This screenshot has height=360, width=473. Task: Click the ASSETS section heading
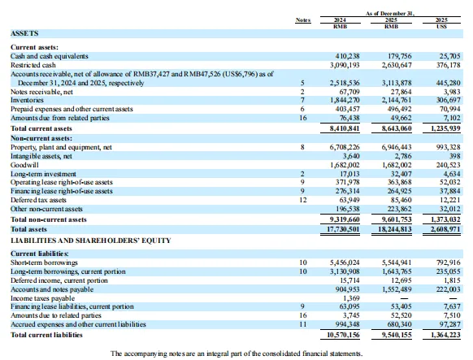[x=24, y=33]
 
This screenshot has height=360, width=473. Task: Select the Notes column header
[x=303, y=20]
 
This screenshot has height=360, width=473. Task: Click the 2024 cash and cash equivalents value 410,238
[x=348, y=56]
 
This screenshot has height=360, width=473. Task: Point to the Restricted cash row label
[x=33, y=65]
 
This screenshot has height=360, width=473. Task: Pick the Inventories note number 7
[x=302, y=100]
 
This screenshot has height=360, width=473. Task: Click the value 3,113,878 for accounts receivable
[x=397, y=83]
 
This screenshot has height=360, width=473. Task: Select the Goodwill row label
[x=24, y=165]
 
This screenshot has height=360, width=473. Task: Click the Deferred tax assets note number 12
[x=303, y=200]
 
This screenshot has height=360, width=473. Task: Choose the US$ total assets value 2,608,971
[x=445, y=229]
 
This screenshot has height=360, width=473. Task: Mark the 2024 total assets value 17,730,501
[x=343, y=229]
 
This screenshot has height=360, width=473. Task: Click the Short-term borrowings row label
[x=44, y=262]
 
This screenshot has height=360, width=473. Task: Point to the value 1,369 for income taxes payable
[x=351, y=298]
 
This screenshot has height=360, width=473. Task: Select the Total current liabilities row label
[x=46, y=335]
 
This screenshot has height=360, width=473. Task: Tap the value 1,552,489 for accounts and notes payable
[x=397, y=289]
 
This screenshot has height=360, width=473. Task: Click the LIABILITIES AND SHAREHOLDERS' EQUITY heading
[x=91, y=241]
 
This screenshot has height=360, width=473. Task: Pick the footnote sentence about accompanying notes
[x=236, y=353]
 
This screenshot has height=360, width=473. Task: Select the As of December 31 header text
[x=390, y=13]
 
